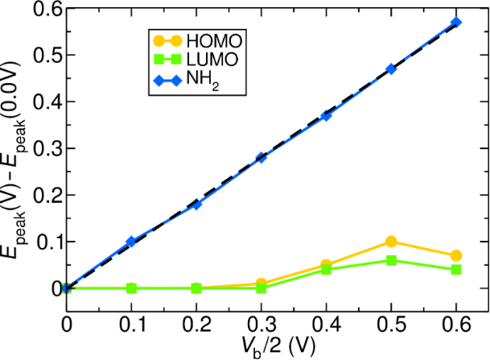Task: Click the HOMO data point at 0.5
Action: pos(391,242)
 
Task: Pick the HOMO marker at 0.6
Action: pos(456,255)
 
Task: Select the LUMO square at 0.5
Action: pos(391,260)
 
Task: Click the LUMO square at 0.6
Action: pos(456,270)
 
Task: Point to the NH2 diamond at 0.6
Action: pos(456,23)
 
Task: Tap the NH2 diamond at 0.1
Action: pos(131,242)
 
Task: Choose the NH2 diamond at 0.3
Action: pos(261,158)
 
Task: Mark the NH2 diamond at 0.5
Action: pos(391,69)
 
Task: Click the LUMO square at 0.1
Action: pos(131,288)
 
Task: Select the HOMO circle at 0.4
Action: pos(326,265)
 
